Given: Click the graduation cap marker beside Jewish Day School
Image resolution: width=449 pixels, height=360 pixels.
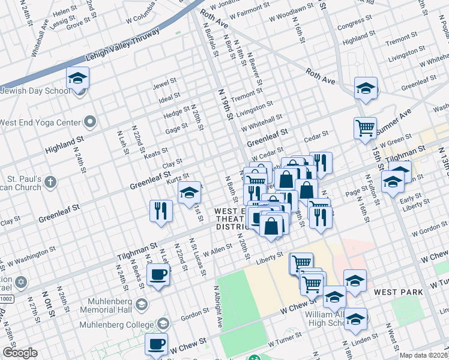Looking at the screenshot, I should (x=77, y=78).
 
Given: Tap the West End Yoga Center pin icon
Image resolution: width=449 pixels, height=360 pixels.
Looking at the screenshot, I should (x=90, y=122).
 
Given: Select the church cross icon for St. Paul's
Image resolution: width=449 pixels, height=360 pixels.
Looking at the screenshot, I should (x=50, y=181).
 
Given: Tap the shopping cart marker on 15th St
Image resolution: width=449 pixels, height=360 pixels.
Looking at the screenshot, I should (x=364, y=128).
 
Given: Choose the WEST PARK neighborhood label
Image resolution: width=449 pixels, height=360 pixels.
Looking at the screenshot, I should (x=399, y=292).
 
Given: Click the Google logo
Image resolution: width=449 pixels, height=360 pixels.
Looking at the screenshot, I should (x=20, y=353).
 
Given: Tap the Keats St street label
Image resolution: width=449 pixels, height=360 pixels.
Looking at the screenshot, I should (x=155, y=154).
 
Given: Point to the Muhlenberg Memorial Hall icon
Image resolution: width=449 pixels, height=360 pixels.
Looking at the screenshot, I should (x=141, y=304).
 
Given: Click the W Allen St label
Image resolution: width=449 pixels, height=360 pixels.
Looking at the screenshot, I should (x=217, y=254).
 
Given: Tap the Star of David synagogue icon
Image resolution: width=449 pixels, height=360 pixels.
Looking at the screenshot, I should (x=22, y=281).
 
